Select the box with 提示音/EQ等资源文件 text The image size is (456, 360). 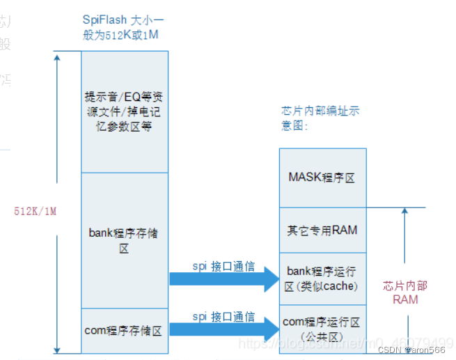coord(124,111)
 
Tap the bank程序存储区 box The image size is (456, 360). coord(124,240)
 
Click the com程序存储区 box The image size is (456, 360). coord(124,331)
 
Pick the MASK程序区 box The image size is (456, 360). coord(322,178)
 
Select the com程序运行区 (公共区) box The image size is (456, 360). coord(322,329)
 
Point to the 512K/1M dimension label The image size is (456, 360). coord(35,211)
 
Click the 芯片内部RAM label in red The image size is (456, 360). coord(406,292)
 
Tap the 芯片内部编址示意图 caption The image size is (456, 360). coord(320,118)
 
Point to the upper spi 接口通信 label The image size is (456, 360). coord(223,266)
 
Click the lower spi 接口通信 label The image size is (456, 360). coord(223,316)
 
